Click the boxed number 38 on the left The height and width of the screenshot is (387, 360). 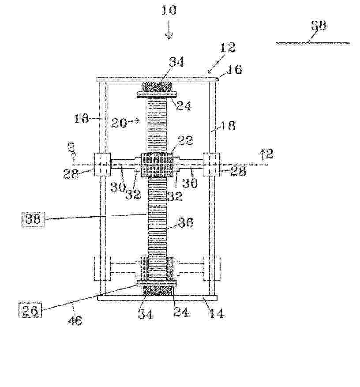(x=33, y=219)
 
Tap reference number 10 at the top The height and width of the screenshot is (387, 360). (x=169, y=10)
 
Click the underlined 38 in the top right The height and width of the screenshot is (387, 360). (x=319, y=26)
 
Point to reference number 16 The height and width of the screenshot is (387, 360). (x=234, y=69)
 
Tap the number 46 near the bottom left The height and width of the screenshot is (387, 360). (x=75, y=320)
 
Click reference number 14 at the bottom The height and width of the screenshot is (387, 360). (x=216, y=313)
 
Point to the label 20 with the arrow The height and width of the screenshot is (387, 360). (x=119, y=123)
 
